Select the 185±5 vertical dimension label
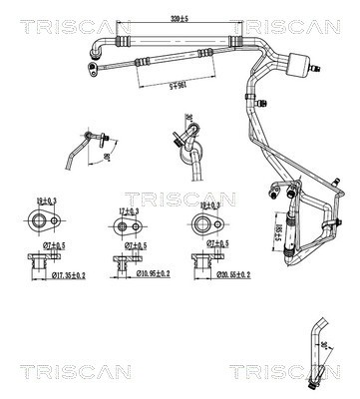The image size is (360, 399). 279,235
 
